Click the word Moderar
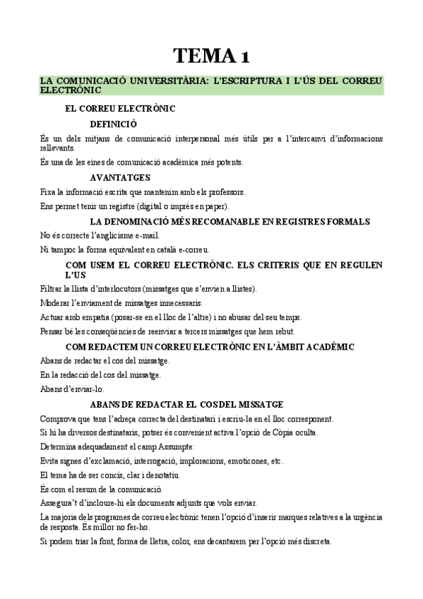(55, 303)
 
